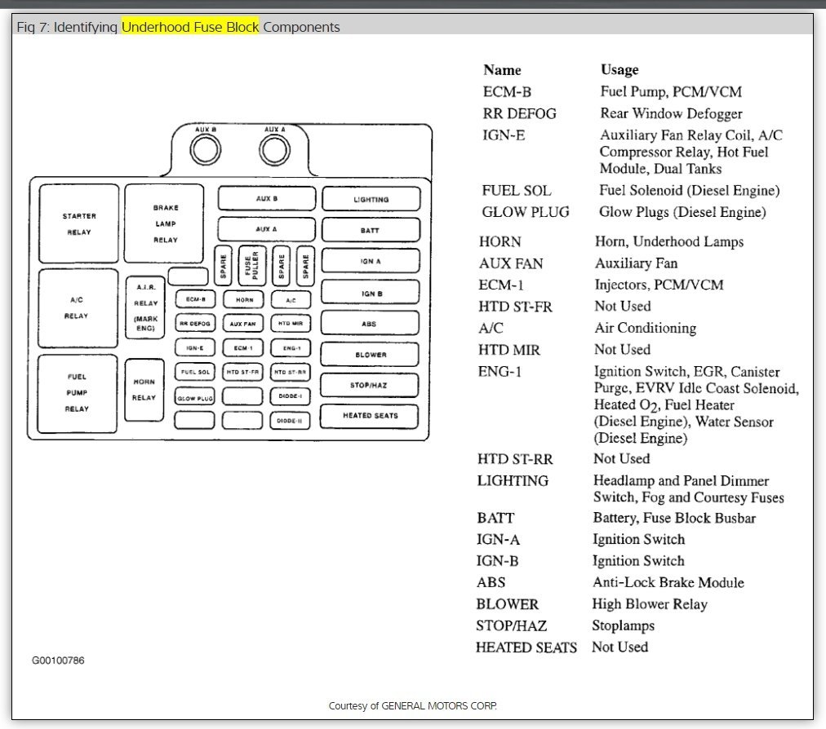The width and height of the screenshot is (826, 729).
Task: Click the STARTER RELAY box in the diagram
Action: pos(78,224)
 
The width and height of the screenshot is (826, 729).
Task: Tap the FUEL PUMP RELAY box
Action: pos(78,392)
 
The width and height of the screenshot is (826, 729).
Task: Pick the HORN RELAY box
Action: pos(144,390)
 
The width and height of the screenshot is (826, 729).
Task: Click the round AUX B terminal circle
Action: pos(205,149)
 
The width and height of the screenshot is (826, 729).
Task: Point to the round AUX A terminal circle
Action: pos(274,149)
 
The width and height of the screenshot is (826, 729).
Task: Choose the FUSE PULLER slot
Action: pos(251,266)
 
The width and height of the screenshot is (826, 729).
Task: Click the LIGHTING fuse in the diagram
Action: pos(371,199)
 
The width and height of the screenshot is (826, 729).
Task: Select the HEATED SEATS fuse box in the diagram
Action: pos(370,416)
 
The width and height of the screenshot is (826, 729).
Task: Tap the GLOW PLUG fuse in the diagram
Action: pos(194,398)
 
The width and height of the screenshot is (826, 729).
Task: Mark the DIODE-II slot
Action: pos(290,421)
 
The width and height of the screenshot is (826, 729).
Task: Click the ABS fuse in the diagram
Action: pos(370,324)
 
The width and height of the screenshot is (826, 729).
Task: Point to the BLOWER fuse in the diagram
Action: pos(370,355)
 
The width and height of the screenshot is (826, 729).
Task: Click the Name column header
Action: pos(502,70)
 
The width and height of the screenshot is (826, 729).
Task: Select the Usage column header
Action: pos(619,70)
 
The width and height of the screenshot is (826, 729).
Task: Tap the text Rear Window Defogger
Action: pos(671,113)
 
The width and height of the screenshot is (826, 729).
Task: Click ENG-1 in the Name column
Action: pos(500,372)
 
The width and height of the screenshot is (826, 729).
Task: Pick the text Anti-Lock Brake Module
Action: pos(668,582)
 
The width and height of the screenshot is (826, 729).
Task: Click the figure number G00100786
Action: pos(58,661)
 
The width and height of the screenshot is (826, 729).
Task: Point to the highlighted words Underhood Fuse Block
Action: pos(190,27)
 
